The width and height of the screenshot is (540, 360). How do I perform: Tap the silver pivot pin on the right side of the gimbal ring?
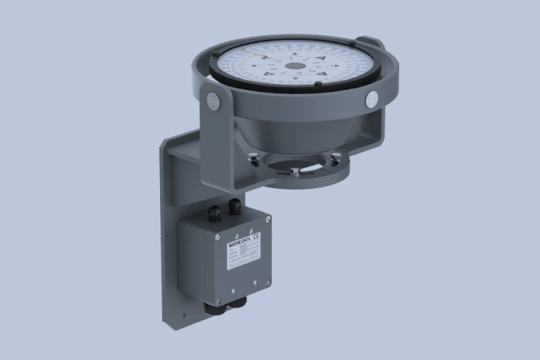pos(372,98)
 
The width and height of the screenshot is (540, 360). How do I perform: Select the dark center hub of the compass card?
pos(294,66)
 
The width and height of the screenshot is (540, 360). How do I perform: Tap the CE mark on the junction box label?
pos(255,237)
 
